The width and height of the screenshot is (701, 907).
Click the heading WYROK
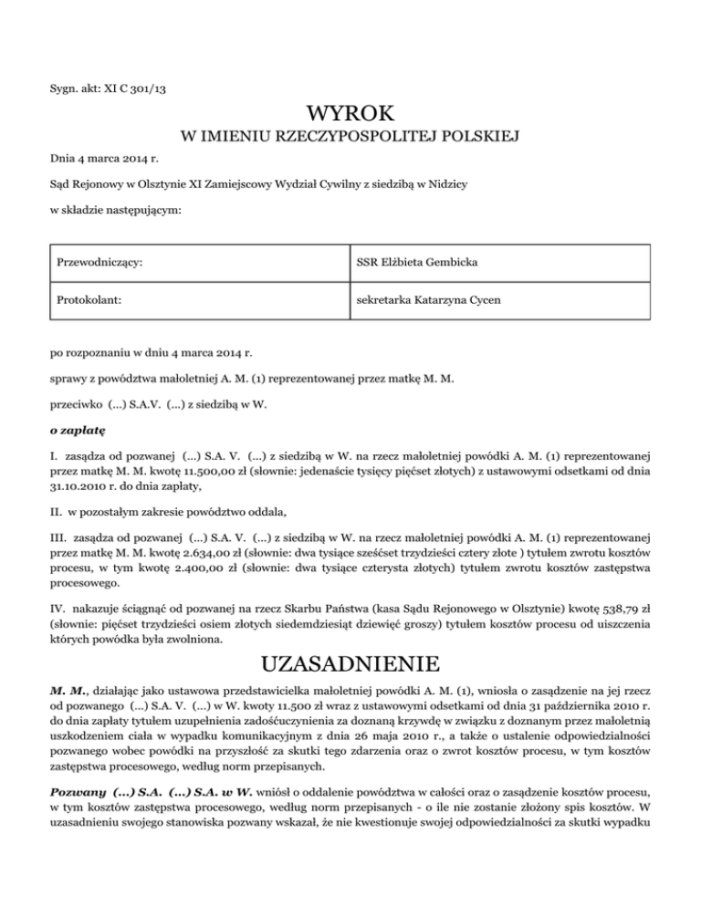click(350, 115)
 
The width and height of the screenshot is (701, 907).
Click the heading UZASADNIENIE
click(350, 633)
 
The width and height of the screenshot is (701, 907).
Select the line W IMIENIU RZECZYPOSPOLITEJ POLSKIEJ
click(350, 139)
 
